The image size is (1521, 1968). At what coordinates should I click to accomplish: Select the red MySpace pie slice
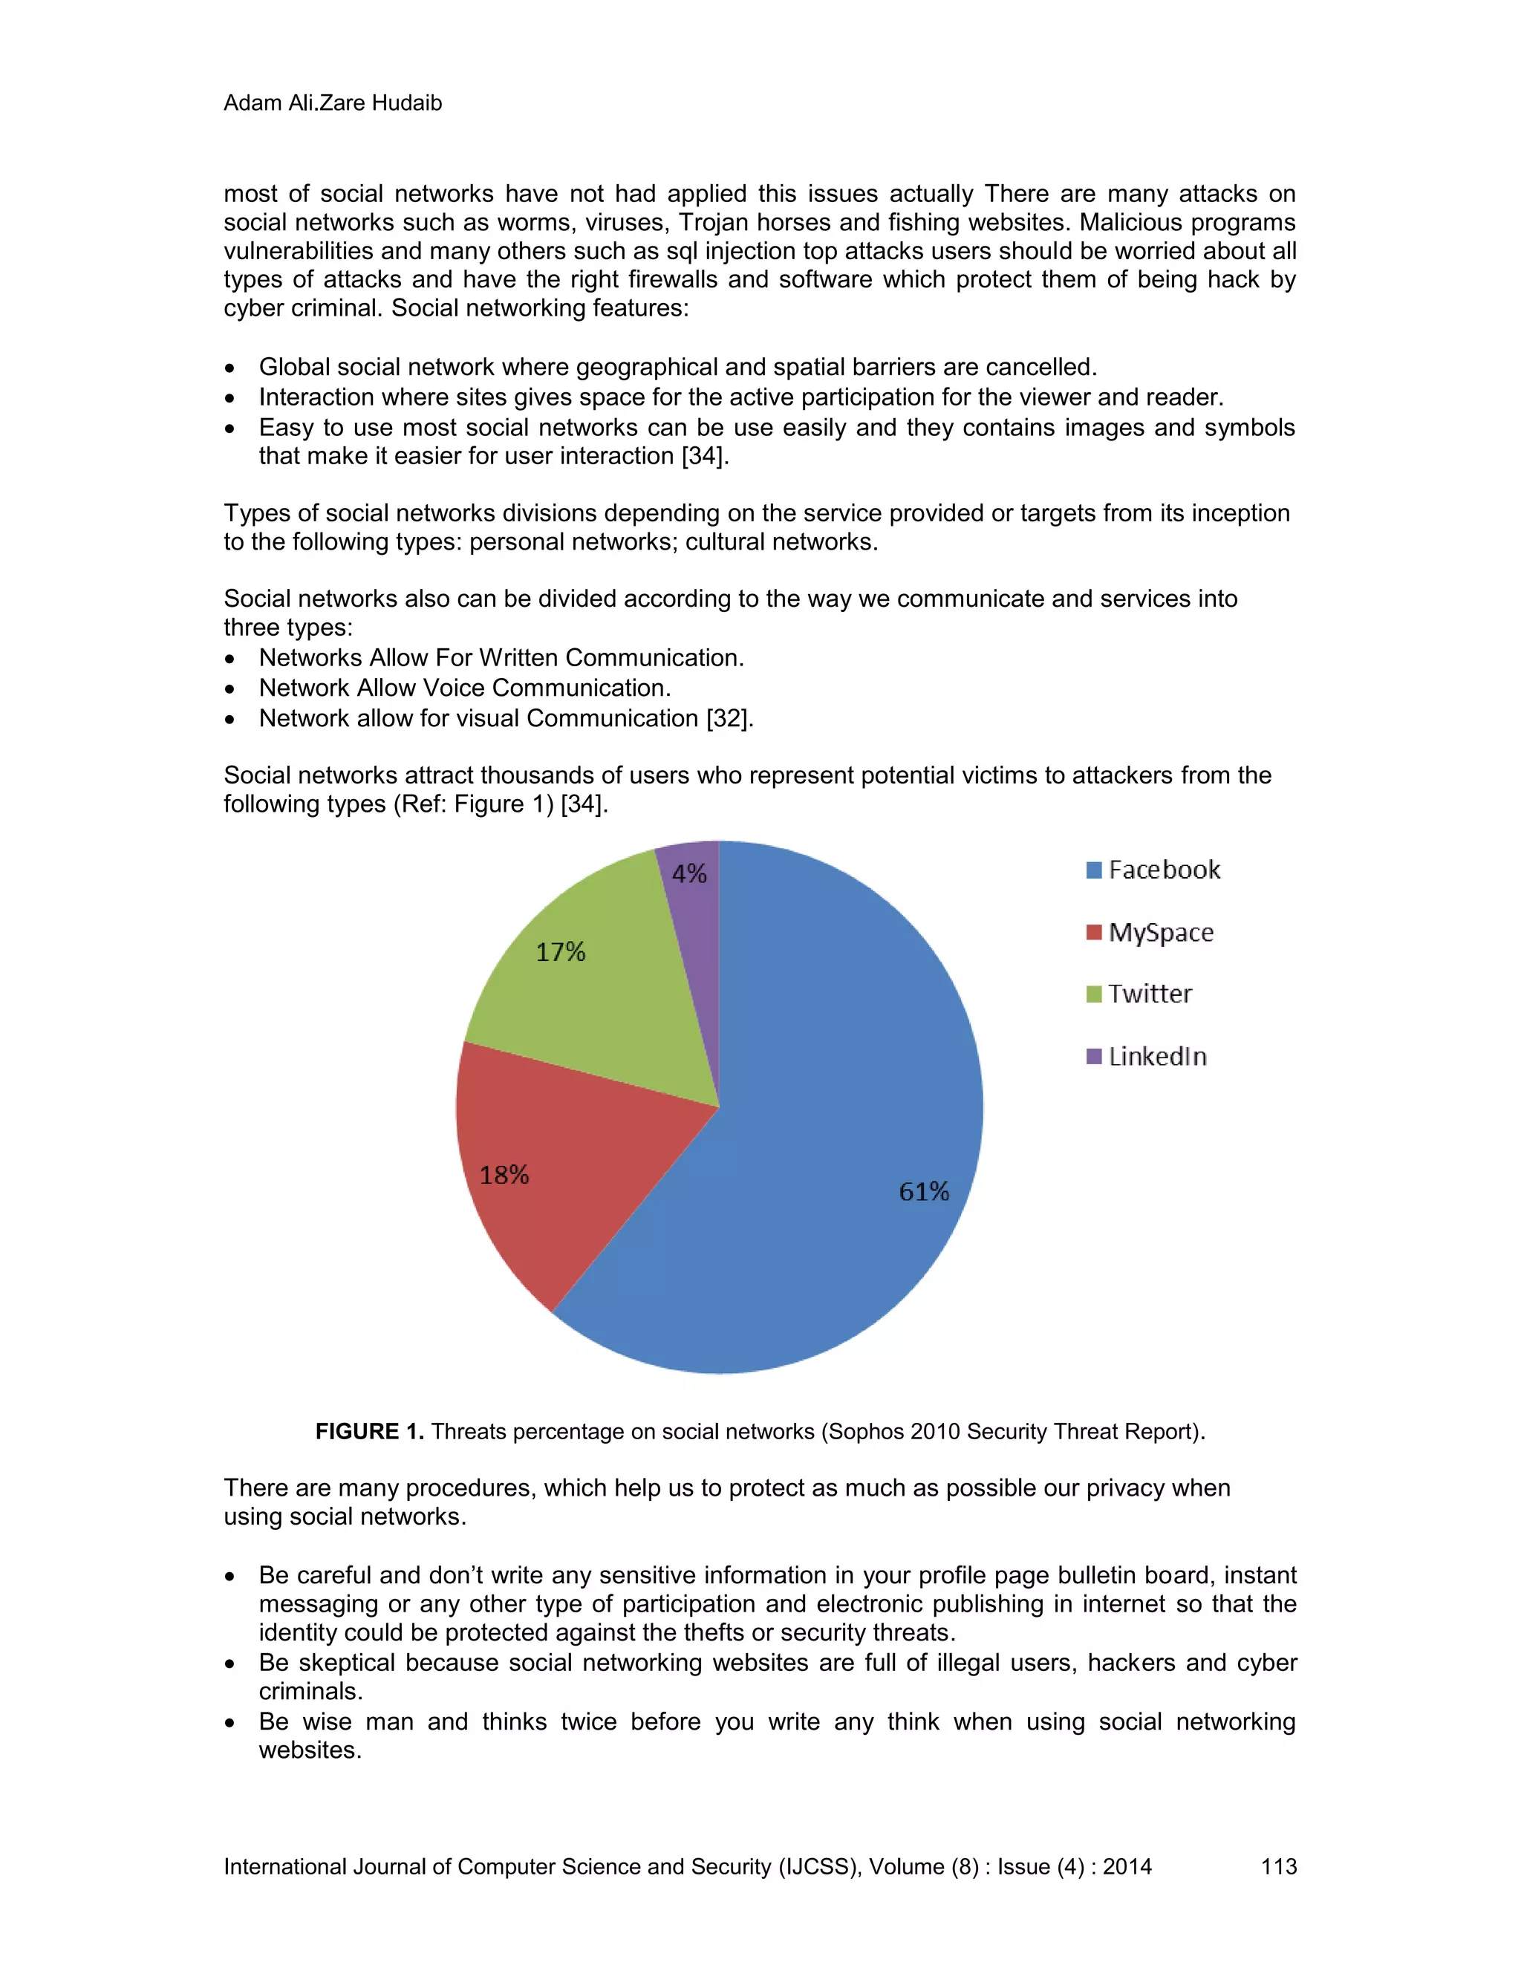click(558, 1171)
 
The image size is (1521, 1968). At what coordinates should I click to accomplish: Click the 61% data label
click(924, 1191)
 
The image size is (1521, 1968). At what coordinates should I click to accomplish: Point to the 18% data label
click(504, 1175)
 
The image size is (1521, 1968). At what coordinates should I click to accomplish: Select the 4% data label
click(689, 873)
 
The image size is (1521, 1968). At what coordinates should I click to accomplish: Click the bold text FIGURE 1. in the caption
click(369, 1431)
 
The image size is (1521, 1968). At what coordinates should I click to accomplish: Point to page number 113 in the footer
click(1277, 1866)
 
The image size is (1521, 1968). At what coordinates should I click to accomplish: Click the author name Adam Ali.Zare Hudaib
click(333, 102)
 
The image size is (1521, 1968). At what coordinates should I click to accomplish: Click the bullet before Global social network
click(231, 368)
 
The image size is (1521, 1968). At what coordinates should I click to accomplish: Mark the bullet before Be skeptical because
click(231, 1664)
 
